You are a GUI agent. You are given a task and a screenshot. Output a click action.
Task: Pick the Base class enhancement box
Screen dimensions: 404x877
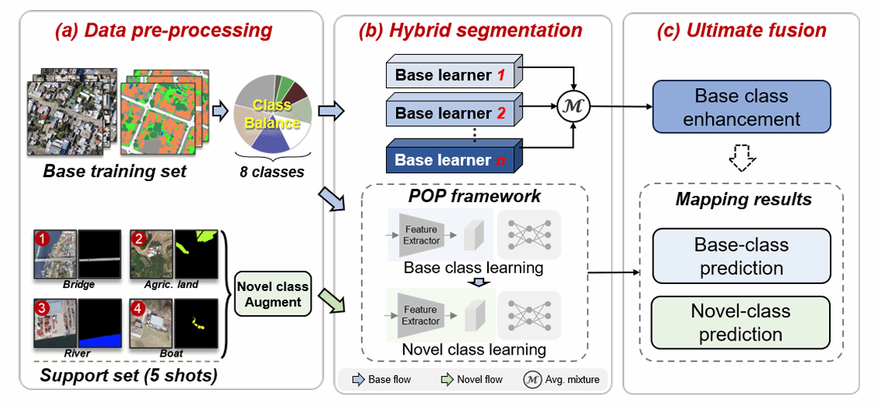coord(741,108)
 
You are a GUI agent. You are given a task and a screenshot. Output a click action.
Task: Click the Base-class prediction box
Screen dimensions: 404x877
coord(741,256)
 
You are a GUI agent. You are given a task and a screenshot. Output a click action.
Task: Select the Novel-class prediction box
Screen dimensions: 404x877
coord(741,323)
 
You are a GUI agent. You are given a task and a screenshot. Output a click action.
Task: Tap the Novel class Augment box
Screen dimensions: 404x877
coord(273,293)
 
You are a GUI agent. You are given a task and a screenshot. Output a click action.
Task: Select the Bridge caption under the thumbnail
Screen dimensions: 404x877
coord(78,284)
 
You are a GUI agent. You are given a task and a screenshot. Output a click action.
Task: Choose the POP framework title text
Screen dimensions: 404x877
coord(476,196)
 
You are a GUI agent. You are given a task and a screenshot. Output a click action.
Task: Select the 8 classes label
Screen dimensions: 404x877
coord(273,171)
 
